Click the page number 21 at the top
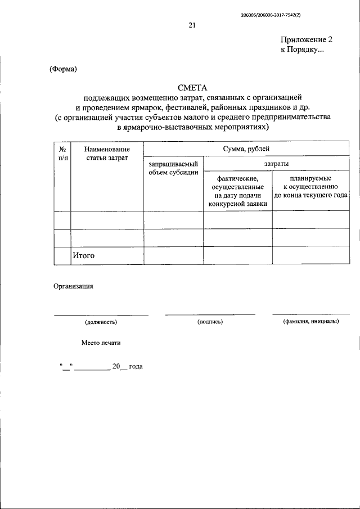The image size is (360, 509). [x=192, y=25]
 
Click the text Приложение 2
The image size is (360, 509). [x=307, y=40]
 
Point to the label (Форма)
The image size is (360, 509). [x=63, y=70]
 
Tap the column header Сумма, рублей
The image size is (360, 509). [x=246, y=148]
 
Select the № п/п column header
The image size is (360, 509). [x=62, y=154]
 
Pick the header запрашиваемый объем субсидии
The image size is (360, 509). [x=173, y=168]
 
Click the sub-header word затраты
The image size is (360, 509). [x=276, y=163]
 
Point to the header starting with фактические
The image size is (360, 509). [x=237, y=190]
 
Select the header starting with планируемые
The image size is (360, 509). [x=310, y=186]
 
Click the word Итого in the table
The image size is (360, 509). [x=83, y=255]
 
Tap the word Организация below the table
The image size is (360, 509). [x=73, y=285]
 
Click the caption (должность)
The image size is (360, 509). [x=101, y=322]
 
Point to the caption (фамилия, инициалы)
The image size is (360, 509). [x=310, y=322]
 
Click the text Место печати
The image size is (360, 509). [x=101, y=343]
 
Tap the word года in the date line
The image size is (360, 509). [x=136, y=366]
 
